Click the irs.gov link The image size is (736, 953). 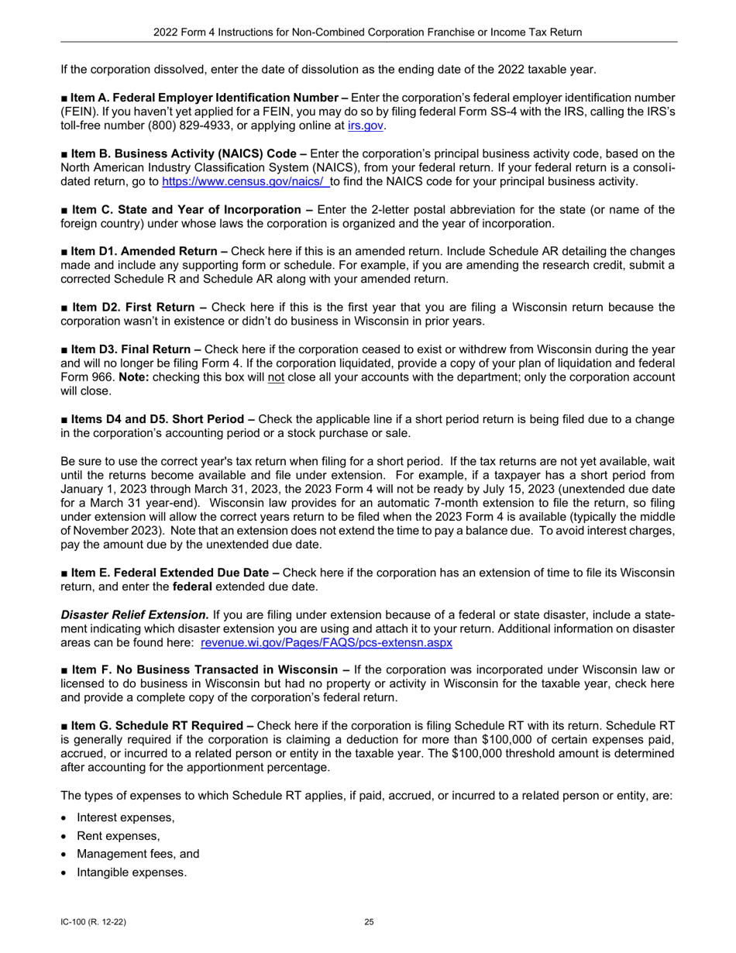[366, 126]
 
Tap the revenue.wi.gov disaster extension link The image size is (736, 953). [326, 642]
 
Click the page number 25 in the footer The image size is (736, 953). [369, 922]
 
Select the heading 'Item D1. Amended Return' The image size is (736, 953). [147, 251]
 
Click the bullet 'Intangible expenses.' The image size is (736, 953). [132, 872]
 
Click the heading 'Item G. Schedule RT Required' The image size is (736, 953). [161, 726]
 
